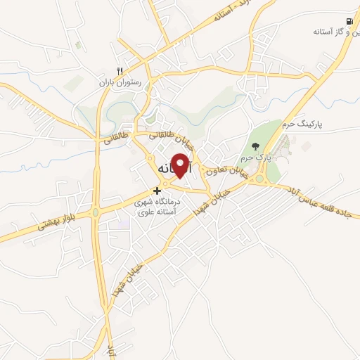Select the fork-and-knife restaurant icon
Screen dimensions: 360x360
click(x=120, y=71)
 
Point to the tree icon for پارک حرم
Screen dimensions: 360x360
click(x=255, y=146)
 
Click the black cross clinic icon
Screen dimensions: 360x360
click(x=157, y=190)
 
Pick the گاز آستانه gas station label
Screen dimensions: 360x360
click(x=335, y=32)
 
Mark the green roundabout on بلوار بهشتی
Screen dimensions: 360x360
click(x=95, y=212)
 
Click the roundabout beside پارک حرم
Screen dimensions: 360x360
click(x=259, y=179)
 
